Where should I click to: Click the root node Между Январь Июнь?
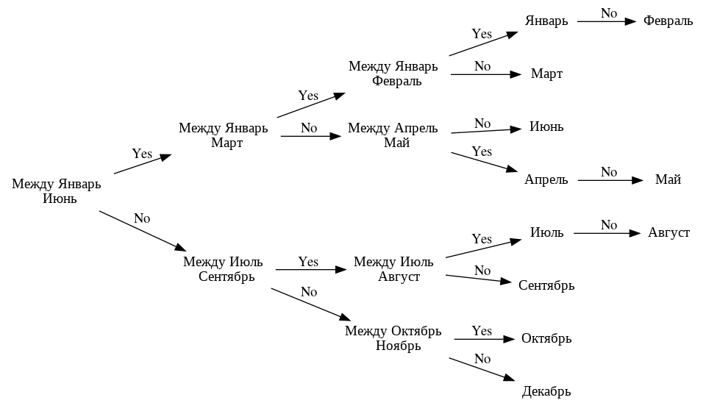[x=56, y=191]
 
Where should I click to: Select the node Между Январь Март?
[x=223, y=135]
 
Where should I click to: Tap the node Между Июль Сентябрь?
[x=223, y=269]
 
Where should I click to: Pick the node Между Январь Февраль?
[x=393, y=74]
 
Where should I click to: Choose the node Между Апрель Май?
[x=393, y=135]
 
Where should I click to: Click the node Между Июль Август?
[x=393, y=269]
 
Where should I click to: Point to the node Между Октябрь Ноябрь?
[x=393, y=338]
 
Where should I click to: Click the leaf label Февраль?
[x=668, y=21]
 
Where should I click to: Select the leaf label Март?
[x=546, y=74]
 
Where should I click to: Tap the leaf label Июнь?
[x=546, y=126]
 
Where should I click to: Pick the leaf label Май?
[x=668, y=179]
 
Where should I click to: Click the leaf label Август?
[x=668, y=232]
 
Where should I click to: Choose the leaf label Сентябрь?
[x=546, y=285]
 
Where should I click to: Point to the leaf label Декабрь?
[x=546, y=391]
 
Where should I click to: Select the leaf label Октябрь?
[x=546, y=338]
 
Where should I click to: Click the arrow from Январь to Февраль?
[x=606, y=21]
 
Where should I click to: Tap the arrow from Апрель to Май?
[x=606, y=180]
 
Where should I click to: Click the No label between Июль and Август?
[x=608, y=225]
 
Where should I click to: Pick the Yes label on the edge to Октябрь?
[x=482, y=331]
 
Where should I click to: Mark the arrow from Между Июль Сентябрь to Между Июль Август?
[x=310, y=270]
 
